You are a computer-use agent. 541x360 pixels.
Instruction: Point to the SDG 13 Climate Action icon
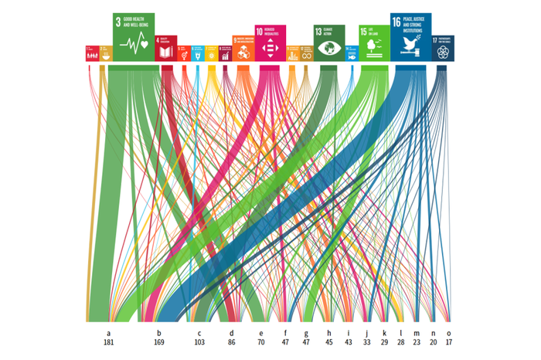tap(329, 42)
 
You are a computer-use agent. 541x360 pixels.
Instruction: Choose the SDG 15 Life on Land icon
tap(373, 42)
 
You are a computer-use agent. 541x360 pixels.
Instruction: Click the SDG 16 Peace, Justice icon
tap(411, 36)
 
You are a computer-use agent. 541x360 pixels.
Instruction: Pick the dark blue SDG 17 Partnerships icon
tap(443, 48)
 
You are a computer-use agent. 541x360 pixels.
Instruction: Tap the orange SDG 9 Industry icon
tap(243, 49)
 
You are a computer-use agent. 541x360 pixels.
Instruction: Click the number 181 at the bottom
tap(109, 341)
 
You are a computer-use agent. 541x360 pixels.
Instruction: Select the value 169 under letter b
tap(159, 341)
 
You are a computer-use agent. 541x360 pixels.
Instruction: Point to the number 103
tap(199, 341)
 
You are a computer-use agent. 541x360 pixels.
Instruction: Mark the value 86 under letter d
tap(231, 341)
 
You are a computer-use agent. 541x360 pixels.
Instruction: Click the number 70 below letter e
tap(260, 341)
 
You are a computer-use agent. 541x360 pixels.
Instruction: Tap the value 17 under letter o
tap(448, 341)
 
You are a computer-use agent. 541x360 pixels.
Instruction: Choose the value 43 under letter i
tap(349, 341)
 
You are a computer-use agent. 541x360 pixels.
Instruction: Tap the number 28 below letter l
tap(401, 341)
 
